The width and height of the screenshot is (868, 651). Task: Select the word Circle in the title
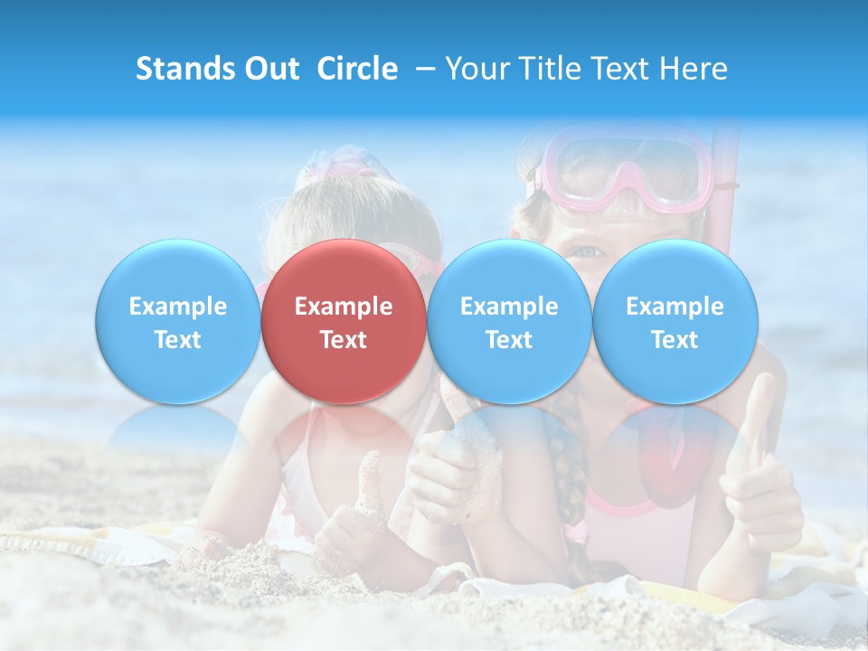(357, 69)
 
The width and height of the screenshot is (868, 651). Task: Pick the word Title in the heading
(544, 69)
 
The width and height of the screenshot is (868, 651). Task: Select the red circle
(343, 321)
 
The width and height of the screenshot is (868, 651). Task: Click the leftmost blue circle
(177, 321)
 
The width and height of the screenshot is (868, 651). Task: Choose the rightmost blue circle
(675, 321)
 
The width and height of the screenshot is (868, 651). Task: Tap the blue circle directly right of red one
(509, 321)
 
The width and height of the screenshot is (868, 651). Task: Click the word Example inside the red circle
(344, 307)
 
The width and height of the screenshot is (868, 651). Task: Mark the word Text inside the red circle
(344, 340)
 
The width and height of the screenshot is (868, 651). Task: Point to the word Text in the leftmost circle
(177, 340)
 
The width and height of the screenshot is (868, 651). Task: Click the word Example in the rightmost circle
(675, 307)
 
